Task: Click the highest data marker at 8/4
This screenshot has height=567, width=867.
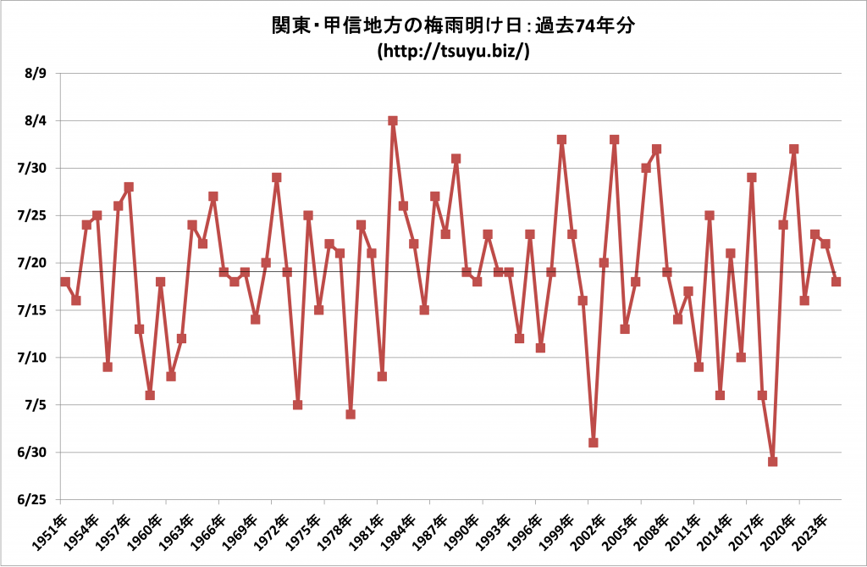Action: click(x=393, y=120)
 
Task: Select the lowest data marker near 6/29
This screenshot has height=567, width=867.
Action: click(x=773, y=462)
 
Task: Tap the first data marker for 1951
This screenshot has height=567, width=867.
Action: click(x=65, y=281)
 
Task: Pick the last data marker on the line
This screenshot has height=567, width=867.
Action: click(x=837, y=281)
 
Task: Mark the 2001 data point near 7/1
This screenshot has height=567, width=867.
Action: click(x=594, y=442)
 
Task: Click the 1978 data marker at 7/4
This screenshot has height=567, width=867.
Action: click(x=351, y=414)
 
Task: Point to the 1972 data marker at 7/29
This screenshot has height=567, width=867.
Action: click(x=277, y=177)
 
